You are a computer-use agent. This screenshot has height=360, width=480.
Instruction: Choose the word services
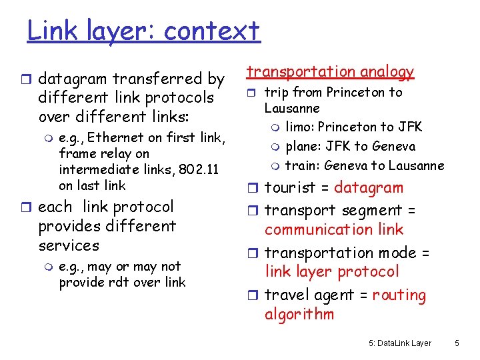coord(69,245)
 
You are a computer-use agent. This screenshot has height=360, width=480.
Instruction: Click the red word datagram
coord(369,188)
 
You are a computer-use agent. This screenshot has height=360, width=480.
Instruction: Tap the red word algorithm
coord(299,314)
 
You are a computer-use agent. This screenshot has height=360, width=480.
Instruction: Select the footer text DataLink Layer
coord(405,343)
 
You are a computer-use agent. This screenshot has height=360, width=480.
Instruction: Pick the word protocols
coord(179,97)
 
